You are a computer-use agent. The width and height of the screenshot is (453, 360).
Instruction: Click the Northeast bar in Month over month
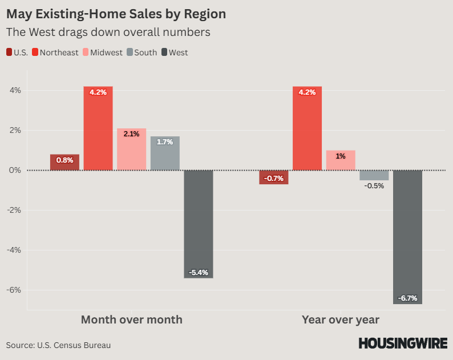[98, 128]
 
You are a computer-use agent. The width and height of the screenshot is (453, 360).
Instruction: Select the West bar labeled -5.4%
[199, 224]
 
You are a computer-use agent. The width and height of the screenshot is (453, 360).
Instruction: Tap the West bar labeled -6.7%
[407, 237]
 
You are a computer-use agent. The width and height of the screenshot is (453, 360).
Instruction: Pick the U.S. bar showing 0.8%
[64, 163]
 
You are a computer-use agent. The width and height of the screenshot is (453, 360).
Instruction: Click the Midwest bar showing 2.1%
[131, 149]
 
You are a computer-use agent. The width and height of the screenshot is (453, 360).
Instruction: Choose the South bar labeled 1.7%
[165, 153]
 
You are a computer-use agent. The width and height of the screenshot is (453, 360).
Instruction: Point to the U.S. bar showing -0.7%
[274, 177]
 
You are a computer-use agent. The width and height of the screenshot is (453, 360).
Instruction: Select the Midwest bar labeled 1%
[341, 160]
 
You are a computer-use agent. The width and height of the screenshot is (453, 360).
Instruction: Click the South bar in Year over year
[374, 175]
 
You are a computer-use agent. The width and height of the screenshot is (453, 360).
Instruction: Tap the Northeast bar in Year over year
[307, 128]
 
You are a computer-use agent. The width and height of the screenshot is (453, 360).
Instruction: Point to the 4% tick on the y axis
[15, 90]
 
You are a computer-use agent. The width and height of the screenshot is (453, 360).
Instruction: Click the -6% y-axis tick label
[14, 290]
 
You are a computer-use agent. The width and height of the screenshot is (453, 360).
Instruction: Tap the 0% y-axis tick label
[15, 170]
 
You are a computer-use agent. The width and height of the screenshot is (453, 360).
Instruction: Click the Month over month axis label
[132, 319]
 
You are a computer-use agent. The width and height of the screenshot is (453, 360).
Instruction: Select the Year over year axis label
[341, 319]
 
